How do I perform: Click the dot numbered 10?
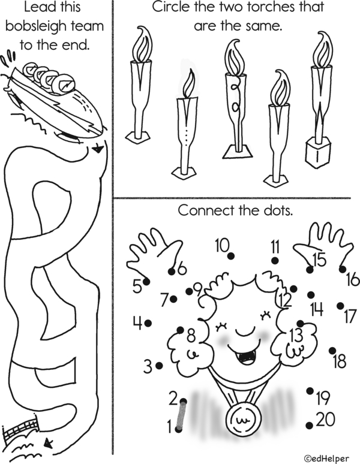click(231, 255)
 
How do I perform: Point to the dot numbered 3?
click(159, 366)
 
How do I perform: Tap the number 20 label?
click(326, 420)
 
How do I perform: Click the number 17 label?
click(350, 317)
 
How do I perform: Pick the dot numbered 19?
click(310, 391)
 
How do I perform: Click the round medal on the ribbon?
click(244, 418)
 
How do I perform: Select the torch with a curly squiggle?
click(236, 99)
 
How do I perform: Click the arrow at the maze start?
click(97, 149)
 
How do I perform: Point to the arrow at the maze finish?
click(47, 443)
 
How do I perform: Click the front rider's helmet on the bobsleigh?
click(65, 85)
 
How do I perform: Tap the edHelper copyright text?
click(326, 459)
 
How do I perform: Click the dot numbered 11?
click(275, 261)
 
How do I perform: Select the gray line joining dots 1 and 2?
click(181, 415)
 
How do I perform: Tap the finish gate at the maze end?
click(21, 428)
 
